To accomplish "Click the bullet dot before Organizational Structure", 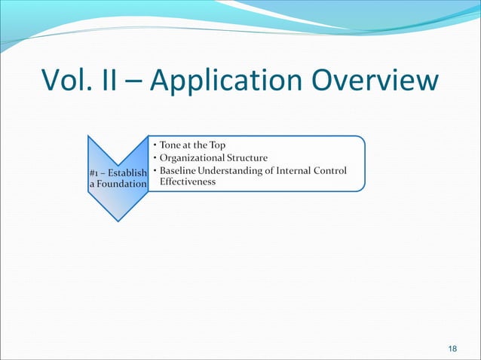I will click(x=154, y=158).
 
